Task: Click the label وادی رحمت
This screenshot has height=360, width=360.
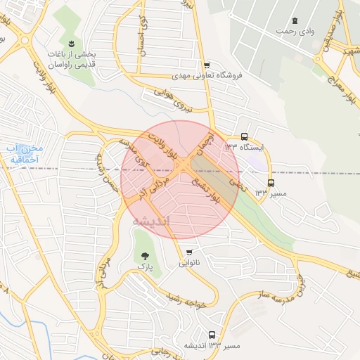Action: click(294, 32)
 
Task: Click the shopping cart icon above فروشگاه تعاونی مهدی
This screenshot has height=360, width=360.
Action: click(204, 64)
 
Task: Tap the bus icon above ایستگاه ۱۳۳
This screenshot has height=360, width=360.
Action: click(244, 136)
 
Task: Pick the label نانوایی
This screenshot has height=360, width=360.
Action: click(188, 264)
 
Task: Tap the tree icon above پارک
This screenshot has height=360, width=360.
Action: click(145, 257)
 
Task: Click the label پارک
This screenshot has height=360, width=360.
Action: click(145, 268)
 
